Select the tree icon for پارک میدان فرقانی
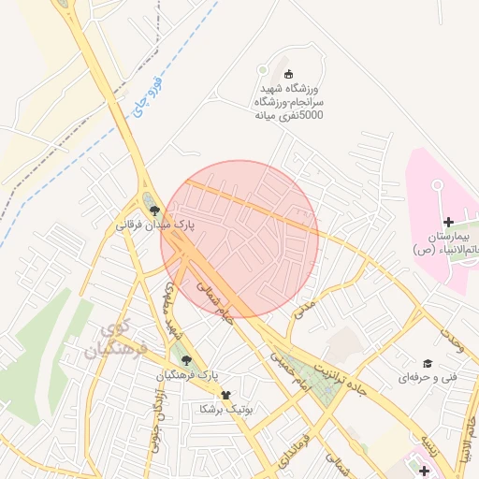pos(154,210)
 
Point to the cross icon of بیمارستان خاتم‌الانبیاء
pos(448,222)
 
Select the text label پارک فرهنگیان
pos(188,374)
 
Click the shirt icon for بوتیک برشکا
pos(225,395)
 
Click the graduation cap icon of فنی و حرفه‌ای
pos(428,363)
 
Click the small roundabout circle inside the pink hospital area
pos(437,185)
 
